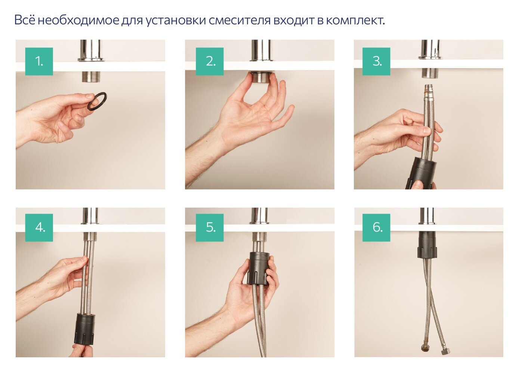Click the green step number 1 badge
39,61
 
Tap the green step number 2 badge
210,61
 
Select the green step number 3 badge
377,61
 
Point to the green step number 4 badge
39,227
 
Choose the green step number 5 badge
210,227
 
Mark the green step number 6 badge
377,227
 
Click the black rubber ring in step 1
97,101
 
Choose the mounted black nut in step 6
427,245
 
